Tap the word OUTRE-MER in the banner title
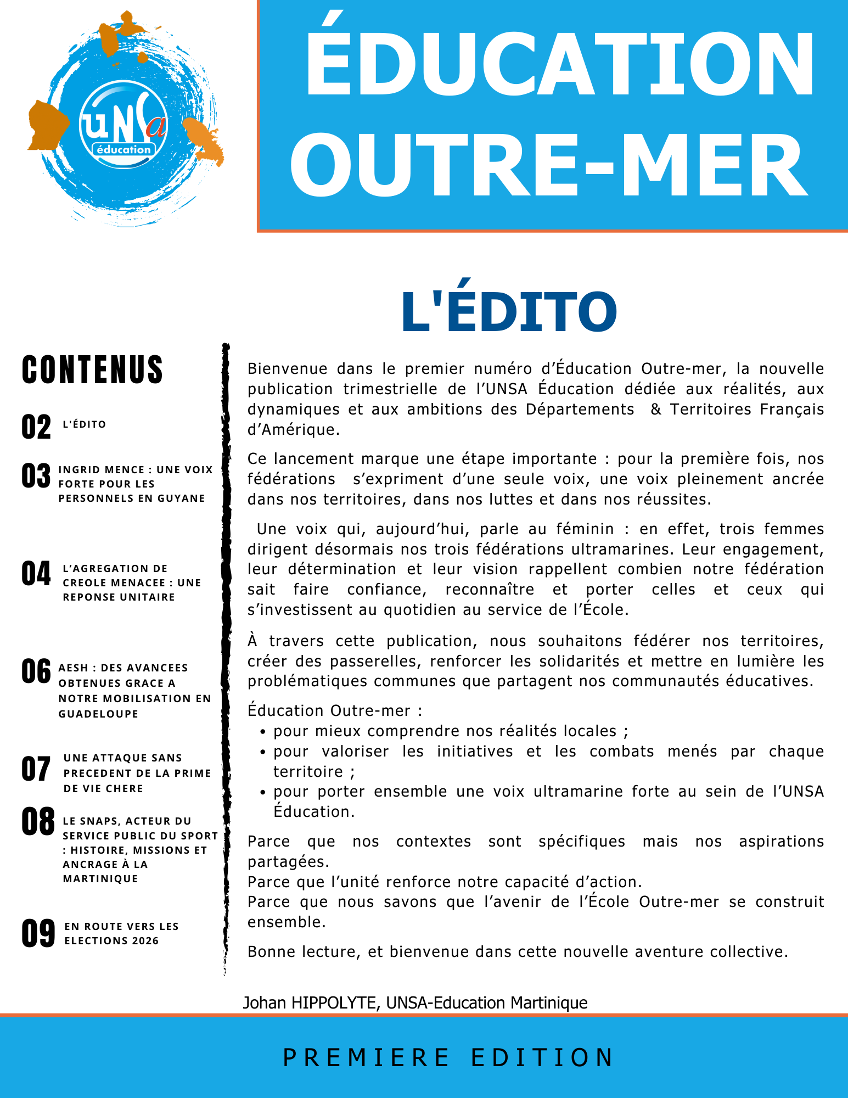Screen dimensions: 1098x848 549,165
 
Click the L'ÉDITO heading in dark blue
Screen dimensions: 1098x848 509,311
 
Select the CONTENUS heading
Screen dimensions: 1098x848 93,369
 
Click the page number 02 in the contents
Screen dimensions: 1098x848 36,427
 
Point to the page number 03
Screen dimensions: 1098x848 36,476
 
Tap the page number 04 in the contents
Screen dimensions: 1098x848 36,574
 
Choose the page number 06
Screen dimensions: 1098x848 36,671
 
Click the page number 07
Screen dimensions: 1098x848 36,769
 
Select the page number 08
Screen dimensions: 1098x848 38,822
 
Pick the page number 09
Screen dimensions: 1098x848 38,934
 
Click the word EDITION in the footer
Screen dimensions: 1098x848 542,1057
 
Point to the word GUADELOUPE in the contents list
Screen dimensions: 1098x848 98,714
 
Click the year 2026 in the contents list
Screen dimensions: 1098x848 145,940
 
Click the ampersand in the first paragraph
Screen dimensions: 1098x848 655,410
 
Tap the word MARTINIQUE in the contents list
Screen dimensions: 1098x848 100,878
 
